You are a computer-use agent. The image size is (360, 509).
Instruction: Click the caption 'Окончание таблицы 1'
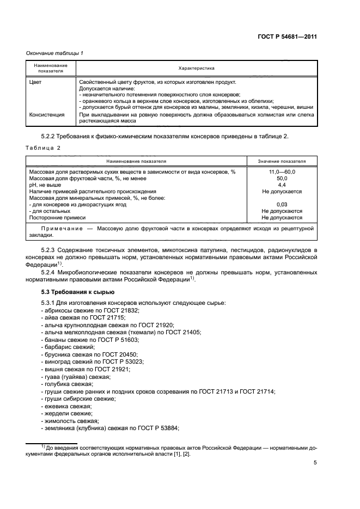[54, 53]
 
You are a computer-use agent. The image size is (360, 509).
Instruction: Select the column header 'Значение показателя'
[282, 162]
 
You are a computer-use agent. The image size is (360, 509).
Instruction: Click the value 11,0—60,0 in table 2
[282, 172]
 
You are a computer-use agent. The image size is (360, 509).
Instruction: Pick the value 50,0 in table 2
[282, 179]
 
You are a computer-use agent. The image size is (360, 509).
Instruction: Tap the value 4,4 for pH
[282, 185]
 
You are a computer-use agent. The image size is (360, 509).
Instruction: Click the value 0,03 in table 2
[282, 205]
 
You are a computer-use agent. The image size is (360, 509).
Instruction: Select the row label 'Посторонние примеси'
[54, 218]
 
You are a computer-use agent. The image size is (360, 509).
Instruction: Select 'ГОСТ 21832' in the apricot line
[123, 310]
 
